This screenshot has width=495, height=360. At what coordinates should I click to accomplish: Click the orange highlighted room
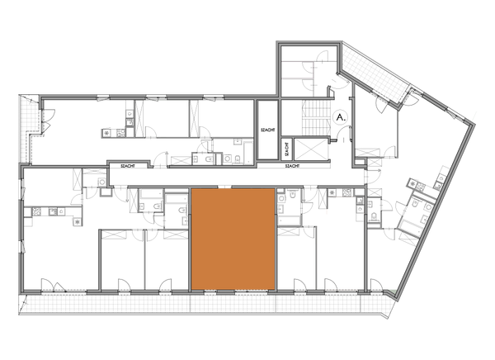click(x=232, y=239)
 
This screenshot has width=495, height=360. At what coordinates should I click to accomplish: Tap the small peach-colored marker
click(x=328, y=213)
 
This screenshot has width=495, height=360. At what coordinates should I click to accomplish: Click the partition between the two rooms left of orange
click(x=145, y=260)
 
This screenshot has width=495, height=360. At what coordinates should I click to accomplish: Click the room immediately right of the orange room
click(x=297, y=260)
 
